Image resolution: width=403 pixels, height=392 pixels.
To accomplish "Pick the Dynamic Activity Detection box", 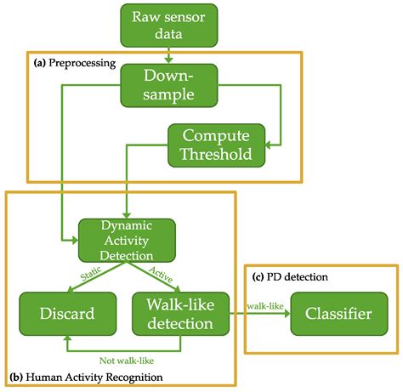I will click(x=127, y=240).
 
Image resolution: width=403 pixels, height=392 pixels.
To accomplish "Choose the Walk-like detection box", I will click(x=181, y=314).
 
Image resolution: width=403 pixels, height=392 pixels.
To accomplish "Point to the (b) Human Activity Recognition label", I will click(x=88, y=376).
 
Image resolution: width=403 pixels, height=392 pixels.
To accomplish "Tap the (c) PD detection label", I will click(x=292, y=277).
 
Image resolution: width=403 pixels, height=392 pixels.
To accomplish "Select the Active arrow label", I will click(x=161, y=274).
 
